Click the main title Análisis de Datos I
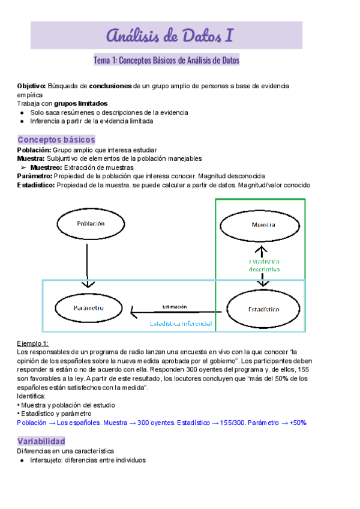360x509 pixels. coord(170,36)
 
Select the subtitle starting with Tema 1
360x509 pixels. coord(166,61)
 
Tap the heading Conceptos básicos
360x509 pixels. coord(56,139)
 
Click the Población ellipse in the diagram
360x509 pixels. coord(91,224)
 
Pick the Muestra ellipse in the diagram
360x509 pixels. coord(260,225)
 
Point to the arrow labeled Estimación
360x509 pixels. coord(174,312)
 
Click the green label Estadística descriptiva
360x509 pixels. coord(265,266)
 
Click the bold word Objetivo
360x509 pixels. coord(31,86)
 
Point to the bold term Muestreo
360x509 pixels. coord(45,167)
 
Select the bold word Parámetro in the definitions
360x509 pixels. coord(35,176)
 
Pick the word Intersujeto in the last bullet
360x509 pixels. coord(47,460)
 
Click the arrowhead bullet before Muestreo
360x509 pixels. coord(23,167)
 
